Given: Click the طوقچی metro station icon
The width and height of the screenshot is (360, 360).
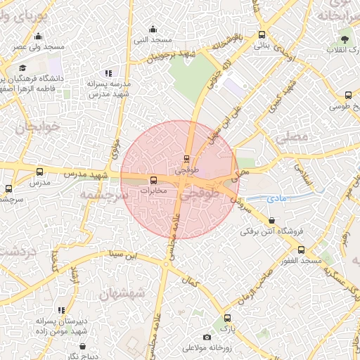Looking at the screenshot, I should point(186,159).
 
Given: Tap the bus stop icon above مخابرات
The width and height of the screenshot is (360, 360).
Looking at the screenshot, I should point(154,179).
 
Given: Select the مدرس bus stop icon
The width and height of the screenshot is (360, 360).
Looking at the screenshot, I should point(39,172).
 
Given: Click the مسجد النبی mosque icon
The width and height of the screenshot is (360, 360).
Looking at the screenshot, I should point(153,29).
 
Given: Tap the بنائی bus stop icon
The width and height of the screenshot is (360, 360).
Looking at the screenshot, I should point(262,34).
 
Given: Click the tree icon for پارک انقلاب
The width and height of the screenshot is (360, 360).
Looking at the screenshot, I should point(344,39).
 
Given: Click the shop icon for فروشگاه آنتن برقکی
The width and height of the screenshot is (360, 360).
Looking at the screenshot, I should point(271,221).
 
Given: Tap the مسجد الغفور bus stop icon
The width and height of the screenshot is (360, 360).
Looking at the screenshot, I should point(302,250).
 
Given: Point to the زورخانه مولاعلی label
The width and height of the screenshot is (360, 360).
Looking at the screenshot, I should point(207,348).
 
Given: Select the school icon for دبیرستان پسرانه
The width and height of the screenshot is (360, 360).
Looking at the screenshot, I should point(61,310).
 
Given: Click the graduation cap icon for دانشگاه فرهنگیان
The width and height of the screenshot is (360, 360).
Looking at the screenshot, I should point(22,67).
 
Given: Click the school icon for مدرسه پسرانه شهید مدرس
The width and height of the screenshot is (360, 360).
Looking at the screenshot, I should point(108,72).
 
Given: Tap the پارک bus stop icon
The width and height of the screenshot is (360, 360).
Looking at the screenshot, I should point(226,318).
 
